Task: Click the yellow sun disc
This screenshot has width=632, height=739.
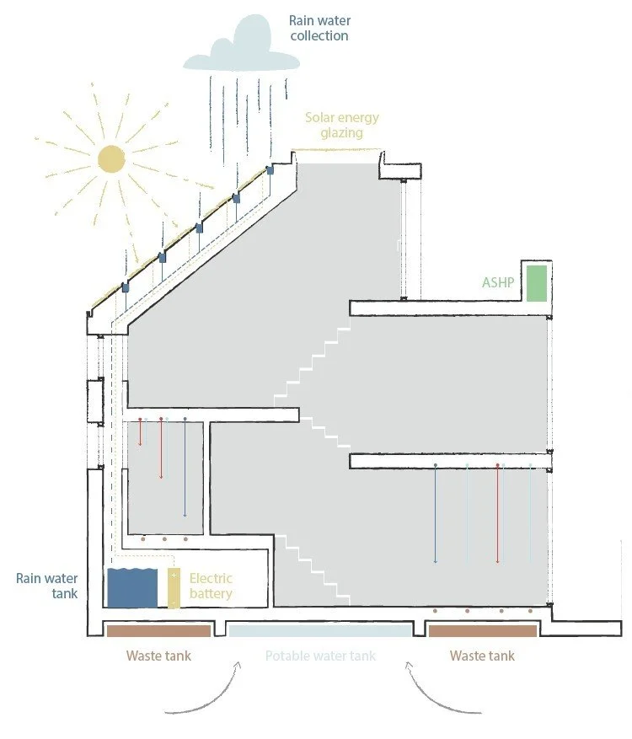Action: pyautogui.click(x=110, y=158)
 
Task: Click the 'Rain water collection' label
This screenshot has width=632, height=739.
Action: pyautogui.click(x=319, y=27)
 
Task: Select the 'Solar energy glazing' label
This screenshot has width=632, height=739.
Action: pyautogui.click(x=341, y=125)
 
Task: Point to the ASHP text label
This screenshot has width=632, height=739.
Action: pyautogui.click(x=498, y=283)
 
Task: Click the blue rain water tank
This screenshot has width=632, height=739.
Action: pyautogui.click(x=132, y=587)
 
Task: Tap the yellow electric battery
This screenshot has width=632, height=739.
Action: pyautogui.click(x=174, y=588)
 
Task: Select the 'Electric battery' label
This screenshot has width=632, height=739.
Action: pyautogui.click(x=211, y=586)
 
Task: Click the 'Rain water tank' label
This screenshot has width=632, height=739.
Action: pyautogui.click(x=47, y=586)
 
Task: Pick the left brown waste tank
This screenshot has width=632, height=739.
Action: pyautogui.click(x=157, y=630)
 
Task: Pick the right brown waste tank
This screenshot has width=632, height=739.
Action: pyautogui.click(x=481, y=631)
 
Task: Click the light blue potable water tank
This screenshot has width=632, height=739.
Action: pyautogui.click(x=319, y=631)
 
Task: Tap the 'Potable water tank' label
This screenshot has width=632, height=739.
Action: pyautogui.click(x=320, y=656)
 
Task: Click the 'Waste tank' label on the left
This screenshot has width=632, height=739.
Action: pyautogui.click(x=158, y=656)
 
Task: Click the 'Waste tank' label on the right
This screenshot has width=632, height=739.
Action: pyautogui.click(x=482, y=656)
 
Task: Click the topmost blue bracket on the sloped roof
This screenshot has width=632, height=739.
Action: pyautogui.click(x=270, y=169)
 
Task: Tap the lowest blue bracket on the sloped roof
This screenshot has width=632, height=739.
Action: pyautogui.click(x=126, y=286)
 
